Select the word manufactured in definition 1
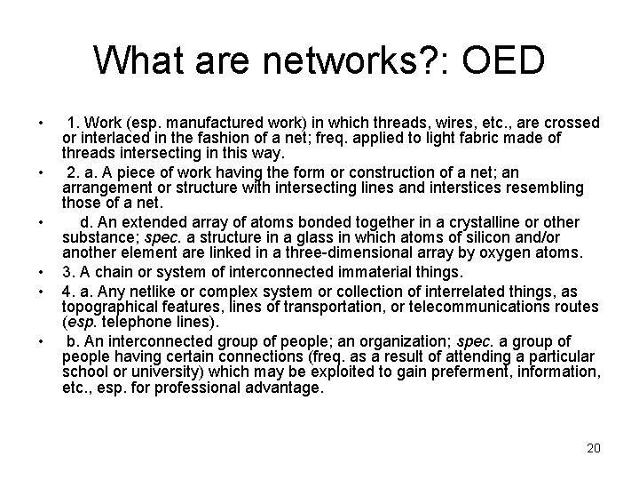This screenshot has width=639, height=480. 214,123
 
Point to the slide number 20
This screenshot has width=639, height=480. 594,448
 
